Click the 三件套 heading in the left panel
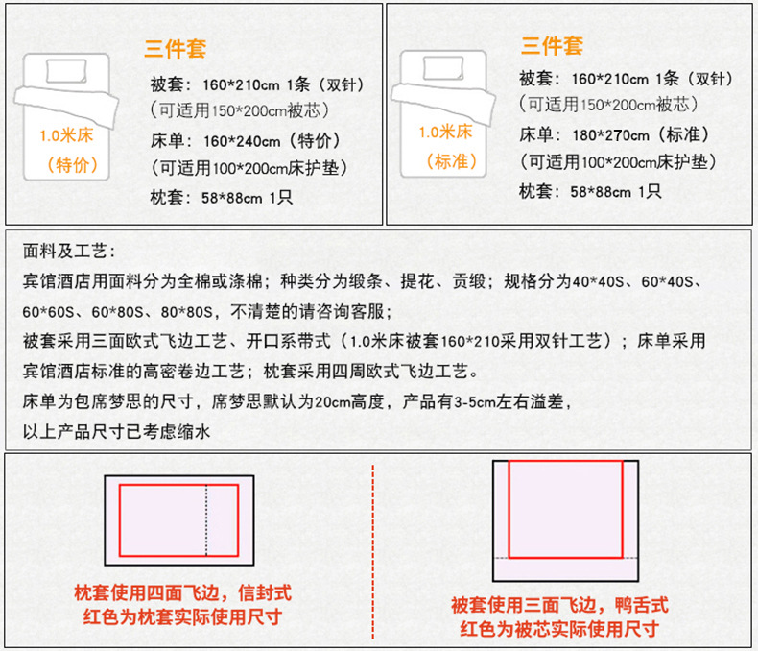tap(177, 48)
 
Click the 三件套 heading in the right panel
tap(552, 45)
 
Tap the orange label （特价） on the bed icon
tap(73, 163)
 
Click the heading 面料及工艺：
tap(68, 253)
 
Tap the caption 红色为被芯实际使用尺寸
tap(558, 629)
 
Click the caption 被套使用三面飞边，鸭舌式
tap(558, 605)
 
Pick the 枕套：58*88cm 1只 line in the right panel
tap(590, 191)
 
